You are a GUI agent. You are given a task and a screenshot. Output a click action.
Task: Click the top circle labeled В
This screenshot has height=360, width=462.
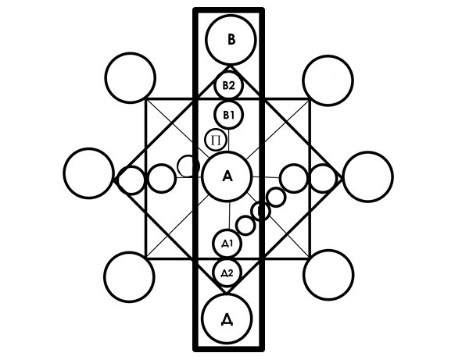pyautogui.click(x=231, y=40)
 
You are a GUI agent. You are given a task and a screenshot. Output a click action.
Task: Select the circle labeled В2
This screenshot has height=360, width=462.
pyautogui.click(x=228, y=86)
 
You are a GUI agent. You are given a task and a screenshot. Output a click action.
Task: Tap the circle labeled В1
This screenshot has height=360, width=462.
pyautogui.click(x=229, y=115)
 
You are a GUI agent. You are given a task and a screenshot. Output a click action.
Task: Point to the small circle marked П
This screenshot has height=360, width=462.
pyautogui.click(x=216, y=141)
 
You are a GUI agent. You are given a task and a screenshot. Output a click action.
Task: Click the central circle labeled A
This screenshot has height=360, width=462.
pyautogui.click(x=227, y=176)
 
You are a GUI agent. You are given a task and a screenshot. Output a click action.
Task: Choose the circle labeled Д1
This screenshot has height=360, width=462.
pyautogui.click(x=227, y=244)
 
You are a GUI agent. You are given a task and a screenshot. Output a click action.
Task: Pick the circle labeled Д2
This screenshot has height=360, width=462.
pyautogui.click(x=227, y=273)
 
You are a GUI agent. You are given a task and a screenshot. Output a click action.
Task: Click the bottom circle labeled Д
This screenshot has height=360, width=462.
pyautogui.click(x=227, y=319)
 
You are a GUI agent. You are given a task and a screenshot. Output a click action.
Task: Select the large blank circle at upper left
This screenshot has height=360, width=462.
pyautogui.click(x=130, y=78)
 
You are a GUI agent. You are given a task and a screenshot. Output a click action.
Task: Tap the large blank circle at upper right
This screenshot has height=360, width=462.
pyautogui.click(x=328, y=80)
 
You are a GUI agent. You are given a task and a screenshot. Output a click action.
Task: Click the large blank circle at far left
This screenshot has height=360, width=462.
pyautogui.click(x=88, y=173)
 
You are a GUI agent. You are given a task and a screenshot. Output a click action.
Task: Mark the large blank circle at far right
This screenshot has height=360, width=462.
pyautogui.click(x=367, y=177)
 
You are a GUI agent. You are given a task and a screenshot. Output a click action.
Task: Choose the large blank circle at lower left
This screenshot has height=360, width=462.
pyautogui.click(x=130, y=277)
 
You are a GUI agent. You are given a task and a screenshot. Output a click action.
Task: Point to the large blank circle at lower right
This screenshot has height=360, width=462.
pyautogui.click(x=328, y=275)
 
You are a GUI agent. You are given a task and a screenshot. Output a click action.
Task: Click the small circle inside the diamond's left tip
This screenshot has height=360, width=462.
pyautogui.click(x=131, y=180)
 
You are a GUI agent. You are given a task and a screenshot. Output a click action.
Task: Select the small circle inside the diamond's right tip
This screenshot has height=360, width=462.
pyautogui.click(x=323, y=178)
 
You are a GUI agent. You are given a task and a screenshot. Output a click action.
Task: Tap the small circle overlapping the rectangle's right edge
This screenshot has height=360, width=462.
pyautogui.click(x=260, y=211)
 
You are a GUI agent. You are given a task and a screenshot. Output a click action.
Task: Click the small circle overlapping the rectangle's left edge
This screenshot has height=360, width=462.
pyautogui.click(x=188, y=166)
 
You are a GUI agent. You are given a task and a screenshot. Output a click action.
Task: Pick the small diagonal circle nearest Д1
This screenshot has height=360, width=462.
pyautogui.click(x=245, y=225)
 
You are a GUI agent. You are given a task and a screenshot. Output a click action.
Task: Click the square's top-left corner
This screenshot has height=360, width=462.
pyautogui.click(x=146, y=99)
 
